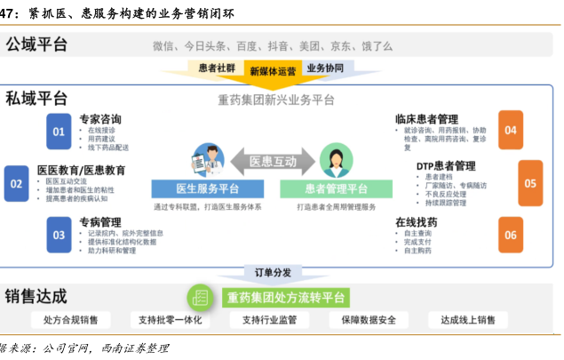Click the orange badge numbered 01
tap(59, 132)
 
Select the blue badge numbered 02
tap(16, 183)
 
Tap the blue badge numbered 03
tap(59, 235)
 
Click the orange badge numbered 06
tap(510, 234)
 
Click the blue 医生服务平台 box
tap(208, 188)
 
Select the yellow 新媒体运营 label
tap(270, 71)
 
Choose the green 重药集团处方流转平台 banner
tap(285, 296)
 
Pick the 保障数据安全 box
tap(361, 320)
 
